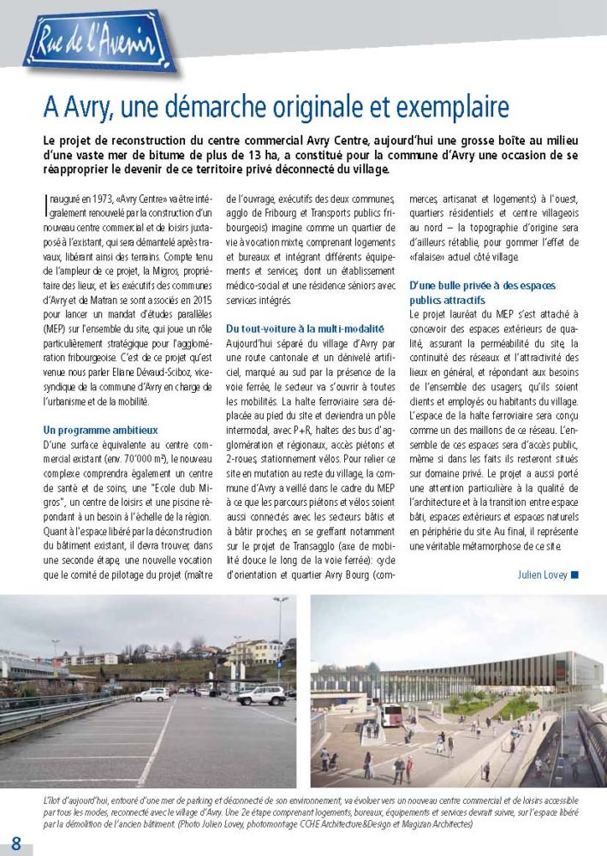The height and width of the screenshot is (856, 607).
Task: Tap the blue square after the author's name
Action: [574, 574]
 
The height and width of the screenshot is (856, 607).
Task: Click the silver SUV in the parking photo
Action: [260, 695]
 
